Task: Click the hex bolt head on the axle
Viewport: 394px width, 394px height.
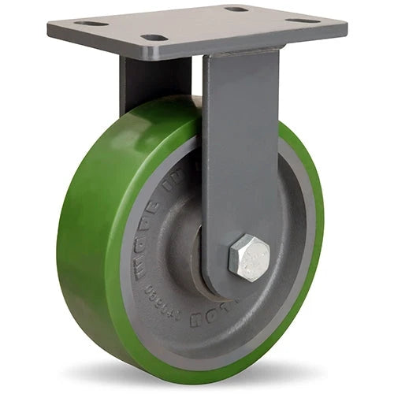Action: point(249,257)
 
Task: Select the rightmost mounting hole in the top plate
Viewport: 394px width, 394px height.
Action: point(303,20)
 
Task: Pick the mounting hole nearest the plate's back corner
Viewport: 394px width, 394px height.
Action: point(236,9)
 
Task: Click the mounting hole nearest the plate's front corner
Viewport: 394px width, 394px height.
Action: point(155,37)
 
